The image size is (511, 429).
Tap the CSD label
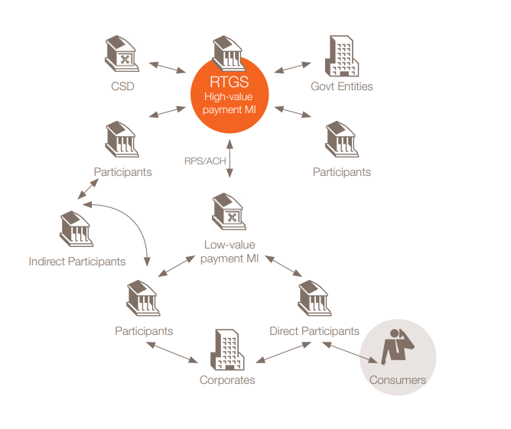pos(122,86)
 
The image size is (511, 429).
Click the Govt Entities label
pos(342,86)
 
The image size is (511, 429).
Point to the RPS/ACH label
pos(203,161)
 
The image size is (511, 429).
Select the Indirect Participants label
pos(77,262)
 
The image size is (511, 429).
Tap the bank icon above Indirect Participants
pos(76,229)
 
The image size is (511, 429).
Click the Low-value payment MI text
pos(229,252)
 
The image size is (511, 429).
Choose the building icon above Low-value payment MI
pos(229,213)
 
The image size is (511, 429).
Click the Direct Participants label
pos(314,331)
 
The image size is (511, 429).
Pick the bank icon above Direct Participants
pos(314,298)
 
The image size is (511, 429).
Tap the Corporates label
pos(227,380)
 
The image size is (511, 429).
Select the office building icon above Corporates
pos(226,348)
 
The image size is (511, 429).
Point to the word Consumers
pos(398,379)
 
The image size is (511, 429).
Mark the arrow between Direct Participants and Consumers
pos(351,352)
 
